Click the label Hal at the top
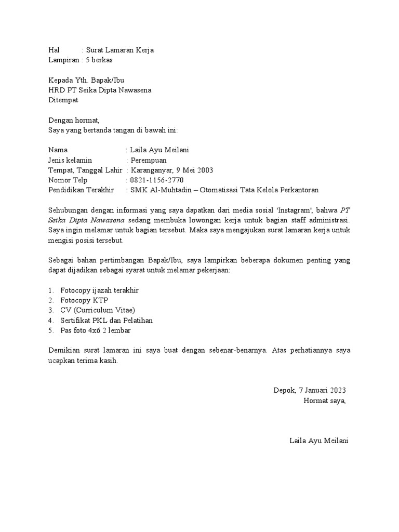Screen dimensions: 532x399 click(x=54, y=50)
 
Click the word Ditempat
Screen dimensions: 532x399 click(x=62, y=100)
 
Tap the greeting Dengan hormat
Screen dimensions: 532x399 click(x=73, y=120)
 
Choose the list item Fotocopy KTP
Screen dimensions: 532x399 click(x=82, y=300)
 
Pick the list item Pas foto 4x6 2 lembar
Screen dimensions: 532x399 click(x=95, y=330)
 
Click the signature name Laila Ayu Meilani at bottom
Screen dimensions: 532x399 click(x=319, y=441)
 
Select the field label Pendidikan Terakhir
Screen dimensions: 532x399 click(x=81, y=190)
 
